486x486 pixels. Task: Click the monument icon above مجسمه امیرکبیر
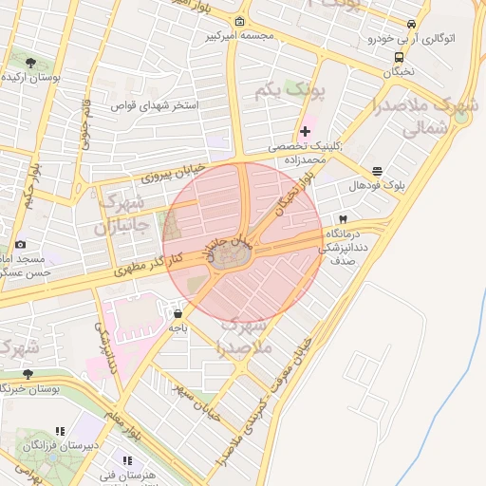click(x=239, y=22)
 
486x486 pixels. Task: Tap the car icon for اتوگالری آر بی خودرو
click(x=411, y=25)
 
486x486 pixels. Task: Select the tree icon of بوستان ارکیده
click(x=30, y=63)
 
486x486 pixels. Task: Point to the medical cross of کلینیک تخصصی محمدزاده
click(x=305, y=131)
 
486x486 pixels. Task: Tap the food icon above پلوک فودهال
click(x=378, y=172)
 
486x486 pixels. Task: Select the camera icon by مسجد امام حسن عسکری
click(x=21, y=245)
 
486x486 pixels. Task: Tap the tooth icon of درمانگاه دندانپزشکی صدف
click(x=343, y=218)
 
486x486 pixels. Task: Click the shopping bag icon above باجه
click(x=178, y=312)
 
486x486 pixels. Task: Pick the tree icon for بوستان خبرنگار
click(x=27, y=374)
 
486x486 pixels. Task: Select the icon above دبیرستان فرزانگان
click(x=61, y=431)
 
